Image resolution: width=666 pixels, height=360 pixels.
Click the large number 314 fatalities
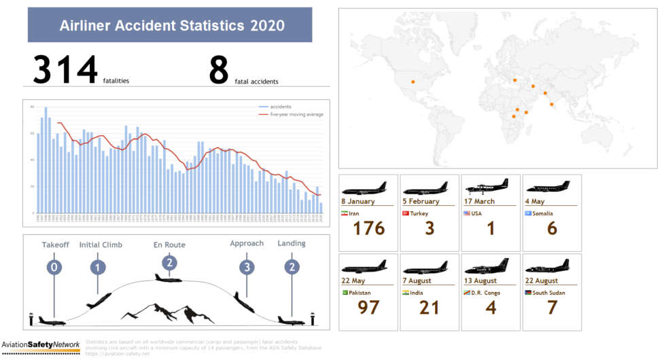(x=65, y=70)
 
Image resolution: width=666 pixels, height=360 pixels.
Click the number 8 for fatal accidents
(x=219, y=70)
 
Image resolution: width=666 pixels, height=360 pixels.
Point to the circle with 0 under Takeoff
(x=54, y=267)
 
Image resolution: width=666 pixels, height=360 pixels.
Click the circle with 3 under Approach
(x=247, y=267)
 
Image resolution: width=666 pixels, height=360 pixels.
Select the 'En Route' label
(x=169, y=245)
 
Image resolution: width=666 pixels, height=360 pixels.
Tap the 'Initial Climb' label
(x=101, y=245)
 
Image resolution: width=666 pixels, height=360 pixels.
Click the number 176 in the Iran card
(x=369, y=228)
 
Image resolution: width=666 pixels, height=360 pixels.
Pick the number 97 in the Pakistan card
(x=369, y=307)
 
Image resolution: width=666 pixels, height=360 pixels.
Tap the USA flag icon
(x=467, y=213)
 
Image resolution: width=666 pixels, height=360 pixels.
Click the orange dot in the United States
(x=413, y=82)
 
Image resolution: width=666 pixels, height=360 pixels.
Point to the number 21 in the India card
(x=430, y=307)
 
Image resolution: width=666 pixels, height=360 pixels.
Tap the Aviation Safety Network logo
(x=40, y=344)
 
